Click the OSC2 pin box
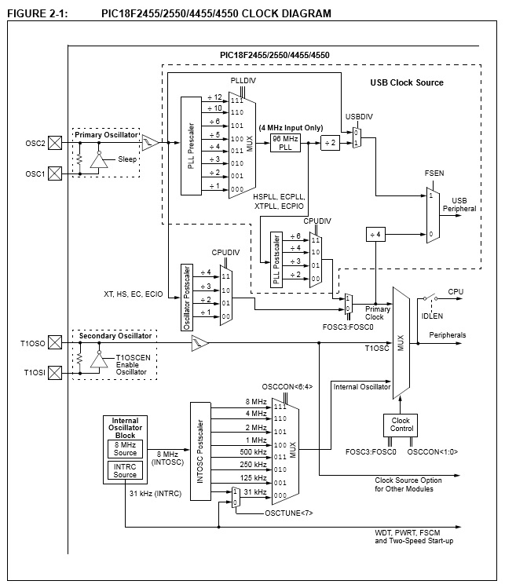pyautogui.click(x=55, y=143)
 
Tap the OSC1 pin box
pyautogui.click(x=55, y=173)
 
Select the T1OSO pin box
pyautogui.click(x=55, y=342)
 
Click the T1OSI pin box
pyautogui.click(x=55, y=373)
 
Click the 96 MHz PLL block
pyautogui.click(x=286, y=143)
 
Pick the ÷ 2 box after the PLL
pyautogui.click(x=330, y=143)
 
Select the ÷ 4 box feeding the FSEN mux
pyautogui.click(x=375, y=235)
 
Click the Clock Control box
pyautogui.click(x=401, y=425)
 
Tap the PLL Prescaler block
pyautogui.click(x=191, y=146)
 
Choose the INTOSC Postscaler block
pyautogui.click(x=200, y=451)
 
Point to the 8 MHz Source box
pyautogui.click(x=126, y=449)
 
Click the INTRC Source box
pyautogui.click(x=126, y=470)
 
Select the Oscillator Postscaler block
pyautogui.click(x=187, y=298)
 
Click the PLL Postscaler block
pyautogui.click(x=276, y=260)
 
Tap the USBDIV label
pyautogui.click(x=359, y=117)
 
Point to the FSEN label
pyautogui.click(x=434, y=173)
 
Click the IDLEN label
pyautogui.click(x=432, y=316)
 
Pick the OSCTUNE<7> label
pyautogui.click(x=289, y=513)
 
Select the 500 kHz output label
pyautogui.click(x=253, y=452)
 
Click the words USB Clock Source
pyautogui.click(x=407, y=82)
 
